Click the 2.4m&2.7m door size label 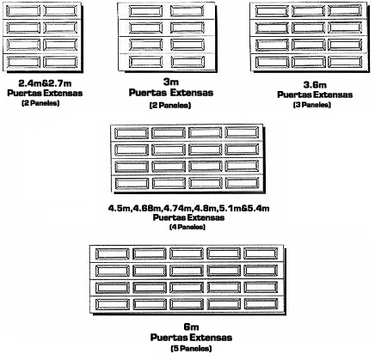[x=45, y=83]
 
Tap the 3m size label [x=171, y=82]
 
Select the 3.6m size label [x=315, y=85]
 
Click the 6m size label [x=191, y=326]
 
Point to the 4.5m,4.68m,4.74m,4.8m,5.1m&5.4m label [x=188, y=208]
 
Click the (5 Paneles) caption [x=191, y=348]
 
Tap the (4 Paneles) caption [x=187, y=227]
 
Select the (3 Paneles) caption [x=312, y=105]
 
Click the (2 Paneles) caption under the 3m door [x=170, y=106]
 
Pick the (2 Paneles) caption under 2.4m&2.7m [x=40, y=103]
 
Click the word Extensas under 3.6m [x=335, y=95]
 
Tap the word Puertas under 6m [x=169, y=338]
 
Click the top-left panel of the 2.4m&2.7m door [x=23, y=11]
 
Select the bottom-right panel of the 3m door [x=187, y=62]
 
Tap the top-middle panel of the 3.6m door [x=309, y=11]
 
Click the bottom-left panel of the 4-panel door [x=132, y=183]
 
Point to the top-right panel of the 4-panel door [x=243, y=132]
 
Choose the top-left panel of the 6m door [x=113, y=253]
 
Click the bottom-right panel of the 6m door [x=261, y=304]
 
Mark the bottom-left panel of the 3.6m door [x=272, y=62]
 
